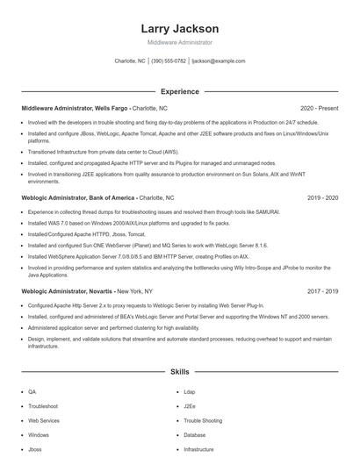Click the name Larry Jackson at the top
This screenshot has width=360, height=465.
tap(179, 28)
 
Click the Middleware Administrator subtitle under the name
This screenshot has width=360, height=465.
tap(179, 42)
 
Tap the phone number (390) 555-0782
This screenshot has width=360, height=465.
tap(169, 61)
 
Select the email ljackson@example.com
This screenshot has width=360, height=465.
tap(219, 61)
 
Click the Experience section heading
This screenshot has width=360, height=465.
tap(179, 91)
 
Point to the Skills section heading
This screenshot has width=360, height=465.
tap(179, 372)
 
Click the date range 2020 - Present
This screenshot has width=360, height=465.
tap(319, 108)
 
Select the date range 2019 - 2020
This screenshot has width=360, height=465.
tap(323, 198)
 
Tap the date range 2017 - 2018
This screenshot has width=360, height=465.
tap(323, 290)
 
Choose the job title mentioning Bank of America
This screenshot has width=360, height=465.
tap(77, 198)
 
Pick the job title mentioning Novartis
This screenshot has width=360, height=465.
tap(67, 290)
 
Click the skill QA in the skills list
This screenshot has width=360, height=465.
tap(32, 392)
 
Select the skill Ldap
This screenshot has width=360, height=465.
tap(190, 392)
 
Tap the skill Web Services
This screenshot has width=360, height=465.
tap(43, 420)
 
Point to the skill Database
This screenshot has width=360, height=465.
tap(195, 434)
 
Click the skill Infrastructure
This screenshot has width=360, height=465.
tap(198, 448)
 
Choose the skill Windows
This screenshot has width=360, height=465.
tap(39, 434)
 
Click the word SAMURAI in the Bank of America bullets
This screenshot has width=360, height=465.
tap(267, 213)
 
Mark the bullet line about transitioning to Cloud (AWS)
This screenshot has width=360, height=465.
tap(114, 151)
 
